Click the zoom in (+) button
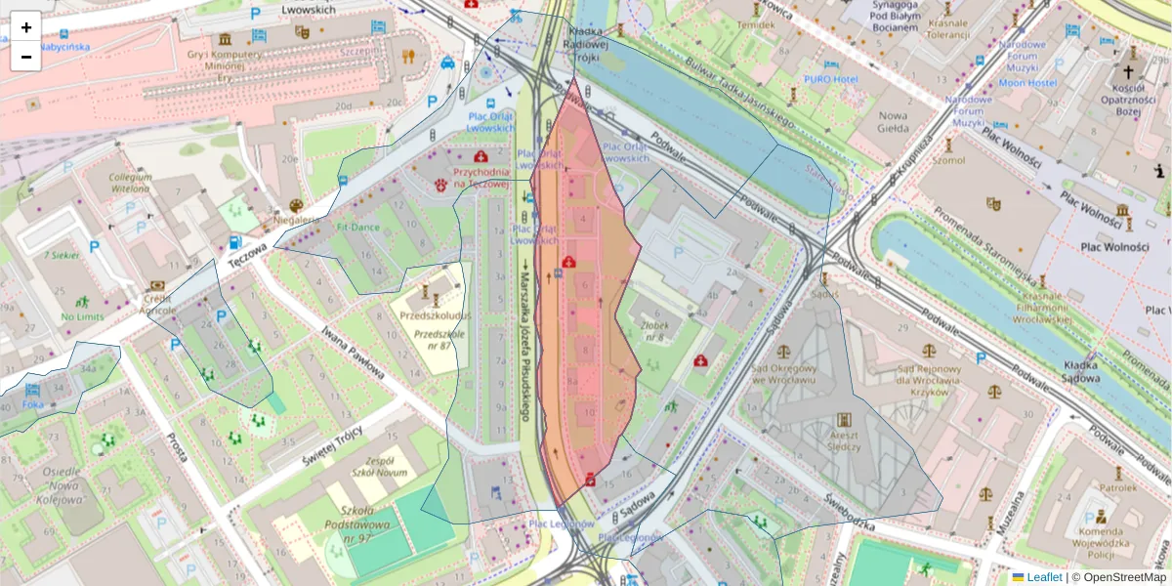26,27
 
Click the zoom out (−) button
26,57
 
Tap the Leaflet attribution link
1043,577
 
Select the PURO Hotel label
830,78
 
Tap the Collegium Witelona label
130,183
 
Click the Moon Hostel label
1028,83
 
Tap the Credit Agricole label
157,305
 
